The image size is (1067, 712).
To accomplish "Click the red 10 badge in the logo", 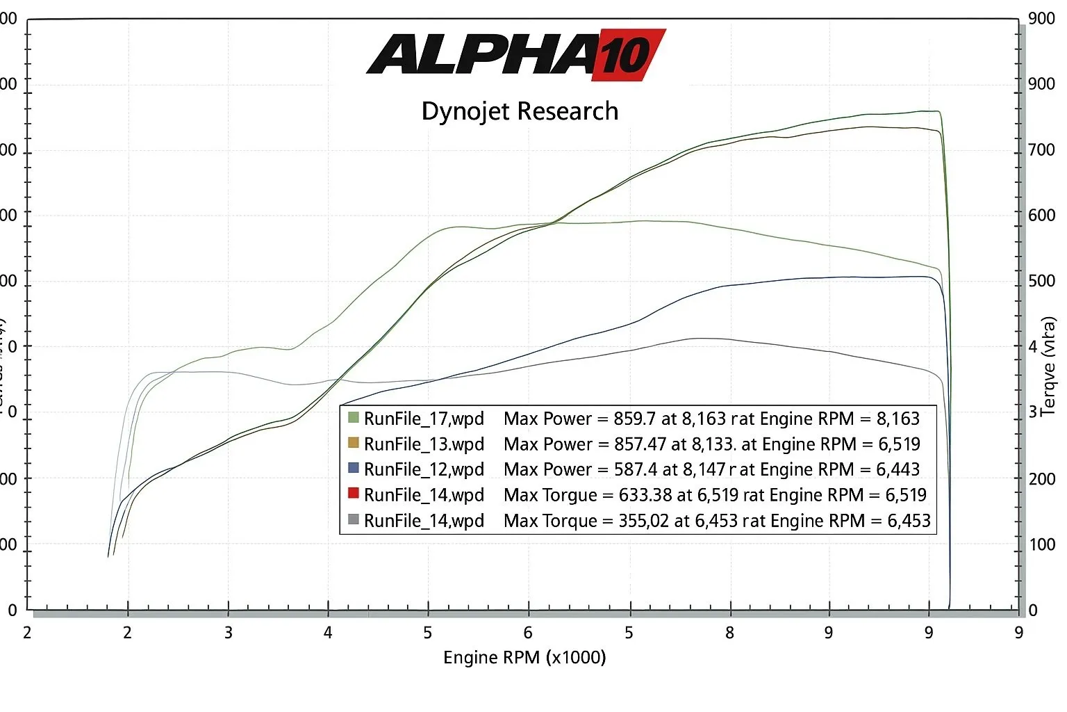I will tap(627, 54).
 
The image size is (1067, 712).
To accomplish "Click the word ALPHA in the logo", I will tap(479, 54).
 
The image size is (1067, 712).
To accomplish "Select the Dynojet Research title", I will tap(520, 111).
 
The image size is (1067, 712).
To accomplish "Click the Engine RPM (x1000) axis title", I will tap(524, 657).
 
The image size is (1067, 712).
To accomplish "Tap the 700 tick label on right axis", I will tap(1041, 149).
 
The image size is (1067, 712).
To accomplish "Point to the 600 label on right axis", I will tap(1041, 215).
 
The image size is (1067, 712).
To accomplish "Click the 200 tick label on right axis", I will tap(1041, 478).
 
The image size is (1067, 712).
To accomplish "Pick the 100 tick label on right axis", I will tap(1041, 544).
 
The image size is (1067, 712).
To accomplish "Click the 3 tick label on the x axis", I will tap(228, 633).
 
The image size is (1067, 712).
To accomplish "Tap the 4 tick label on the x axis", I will tap(328, 633).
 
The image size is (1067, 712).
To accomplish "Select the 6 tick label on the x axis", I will tap(528, 633).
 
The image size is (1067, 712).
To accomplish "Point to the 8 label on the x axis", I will tap(729, 633).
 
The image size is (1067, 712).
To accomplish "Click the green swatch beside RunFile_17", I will tap(354, 417).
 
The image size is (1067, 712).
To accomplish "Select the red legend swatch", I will tap(354, 494).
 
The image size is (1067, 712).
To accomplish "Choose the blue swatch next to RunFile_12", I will tap(354, 468).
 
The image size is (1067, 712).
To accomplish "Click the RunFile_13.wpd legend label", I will tap(424, 444).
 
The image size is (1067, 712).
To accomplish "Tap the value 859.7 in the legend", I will tap(632, 419).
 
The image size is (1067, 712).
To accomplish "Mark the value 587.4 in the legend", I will tap(635, 469).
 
